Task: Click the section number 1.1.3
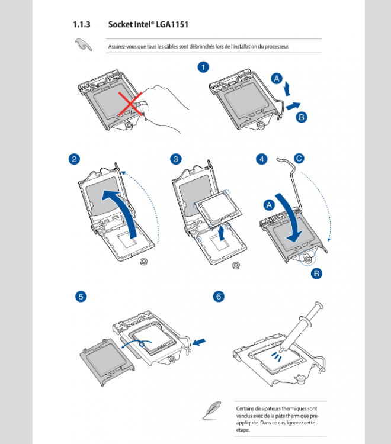tap(81, 25)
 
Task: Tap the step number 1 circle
tap(203, 67)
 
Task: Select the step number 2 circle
tap(74, 159)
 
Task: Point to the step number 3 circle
tap(176, 159)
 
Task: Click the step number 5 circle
tap(80, 297)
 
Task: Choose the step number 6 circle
tap(219, 297)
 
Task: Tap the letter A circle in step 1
tap(276, 78)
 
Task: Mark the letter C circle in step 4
tap(299, 158)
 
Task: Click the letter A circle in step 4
tap(268, 205)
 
